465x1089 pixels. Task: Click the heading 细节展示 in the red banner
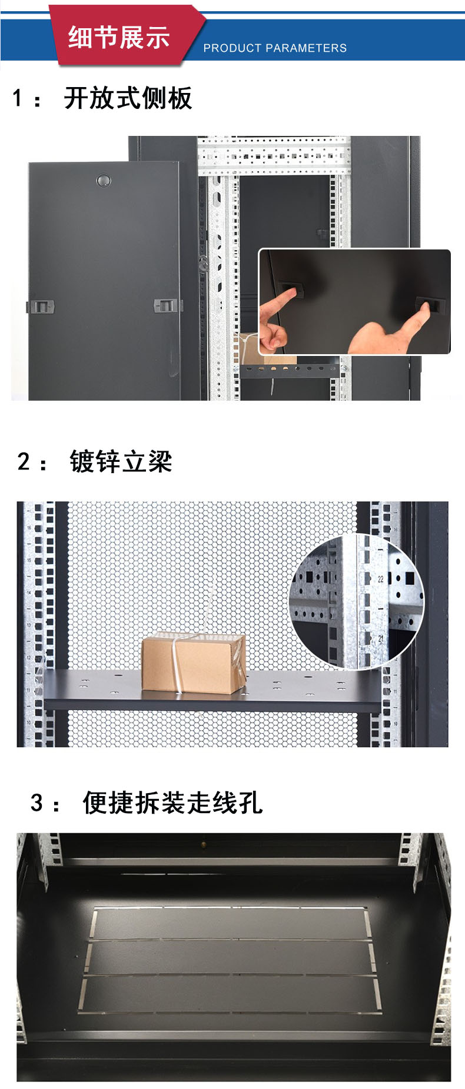(x=119, y=37)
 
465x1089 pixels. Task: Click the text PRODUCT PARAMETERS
(x=275, y=48)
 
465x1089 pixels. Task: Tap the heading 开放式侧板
(x=128, y=98)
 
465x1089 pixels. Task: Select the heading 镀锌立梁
(x=121, y=461)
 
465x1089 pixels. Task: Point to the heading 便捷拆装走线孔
(x=172, y=802)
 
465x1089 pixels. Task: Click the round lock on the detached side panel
(x=104, y=180)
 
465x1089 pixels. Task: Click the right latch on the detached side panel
(x=167, y=305)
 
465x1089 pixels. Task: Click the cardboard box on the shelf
(x=194, y=662)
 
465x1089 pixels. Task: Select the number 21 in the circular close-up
(x=380, y=638)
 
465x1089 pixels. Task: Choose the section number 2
(x=24, y=462)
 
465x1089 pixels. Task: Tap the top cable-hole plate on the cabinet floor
(x=231, y=924)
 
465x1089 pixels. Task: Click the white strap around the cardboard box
(x=177, y=664)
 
